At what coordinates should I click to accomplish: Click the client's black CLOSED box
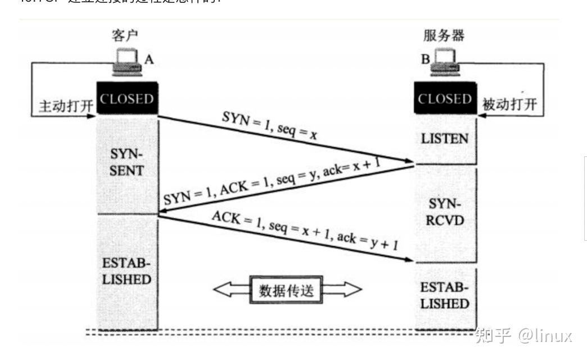(x=127, y=99)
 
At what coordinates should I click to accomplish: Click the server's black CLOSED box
(x=444, y=99)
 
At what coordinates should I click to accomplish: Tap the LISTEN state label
(x=444, y=138)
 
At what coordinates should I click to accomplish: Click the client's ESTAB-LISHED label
(x=127, y=271)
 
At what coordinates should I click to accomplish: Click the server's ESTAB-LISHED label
(x=445, y=296)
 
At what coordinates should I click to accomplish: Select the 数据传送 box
(x=286, y=290)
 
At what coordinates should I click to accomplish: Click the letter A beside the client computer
(x=149, y=59)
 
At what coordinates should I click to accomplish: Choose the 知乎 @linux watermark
(x=523, y=336)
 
